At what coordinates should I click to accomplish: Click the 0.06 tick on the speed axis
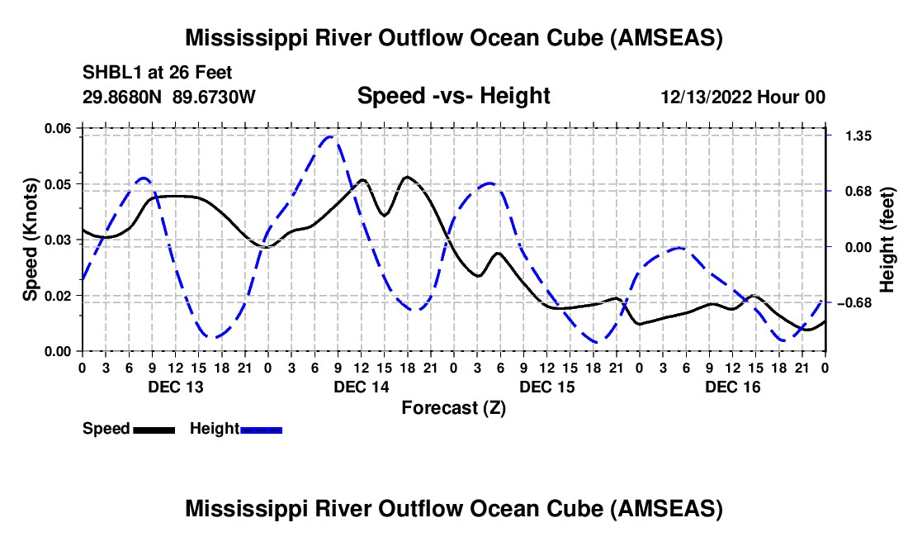(59, 127)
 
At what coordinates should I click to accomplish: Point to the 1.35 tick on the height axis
(852, 135)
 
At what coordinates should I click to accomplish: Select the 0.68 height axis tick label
(852, 191)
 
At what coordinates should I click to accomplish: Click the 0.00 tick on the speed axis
(59, 351)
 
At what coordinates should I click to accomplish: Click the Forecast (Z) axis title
(453, 407)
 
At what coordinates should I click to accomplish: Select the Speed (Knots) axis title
(31, 239)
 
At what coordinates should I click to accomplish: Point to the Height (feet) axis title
(888, 240)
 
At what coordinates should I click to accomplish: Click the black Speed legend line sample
(154, 429)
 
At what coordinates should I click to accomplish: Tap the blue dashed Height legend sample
(261, 429)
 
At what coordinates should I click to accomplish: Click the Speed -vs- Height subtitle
(453, 96)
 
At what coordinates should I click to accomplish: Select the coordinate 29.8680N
(123, 97)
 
